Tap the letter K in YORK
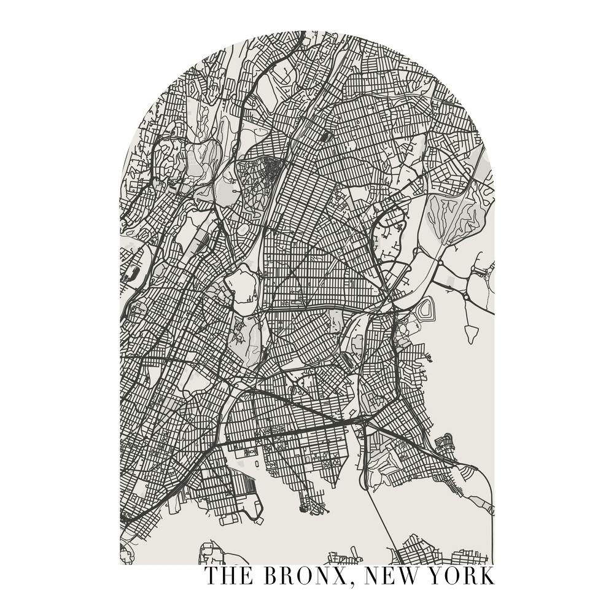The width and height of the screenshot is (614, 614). click(x=487, y=576)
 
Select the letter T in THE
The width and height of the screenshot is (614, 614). click(x=212, y=576)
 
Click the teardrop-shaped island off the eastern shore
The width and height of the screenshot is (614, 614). click(x=471, y=334)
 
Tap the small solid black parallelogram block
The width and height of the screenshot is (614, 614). click(x=325, y=136)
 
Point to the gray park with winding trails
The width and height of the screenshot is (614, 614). click(x=457, y=214)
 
